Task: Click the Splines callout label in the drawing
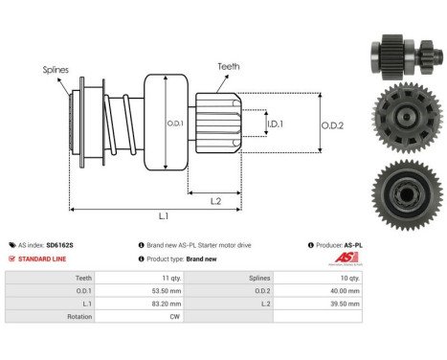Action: coord(55,69)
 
